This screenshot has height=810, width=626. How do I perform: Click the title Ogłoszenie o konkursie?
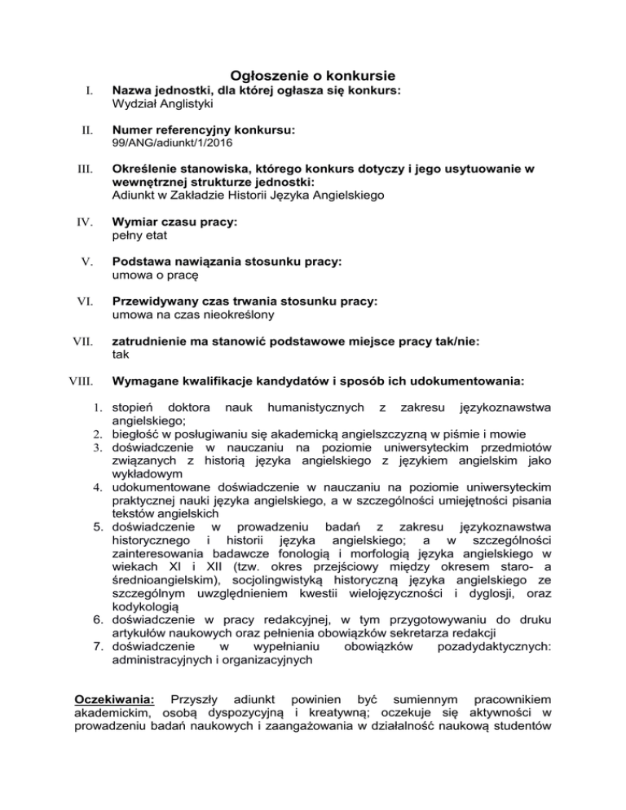312,75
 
